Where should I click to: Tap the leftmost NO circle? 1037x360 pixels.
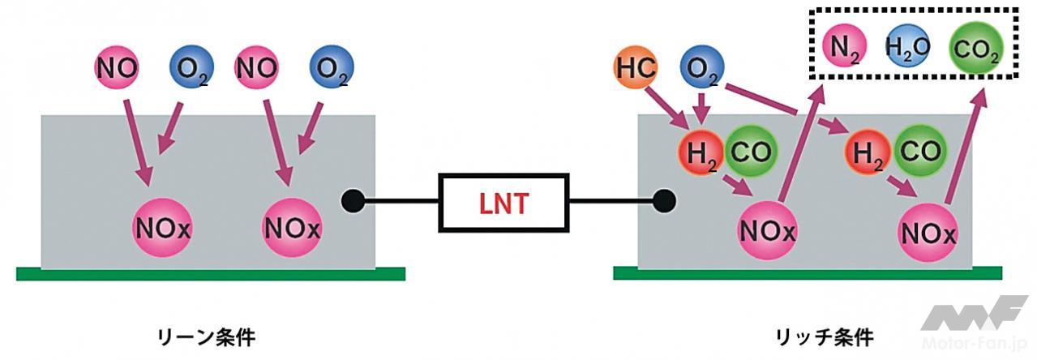118,68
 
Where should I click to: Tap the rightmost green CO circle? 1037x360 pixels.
919,151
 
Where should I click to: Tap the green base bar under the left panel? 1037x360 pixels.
211,274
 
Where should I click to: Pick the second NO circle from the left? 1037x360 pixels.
256,68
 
